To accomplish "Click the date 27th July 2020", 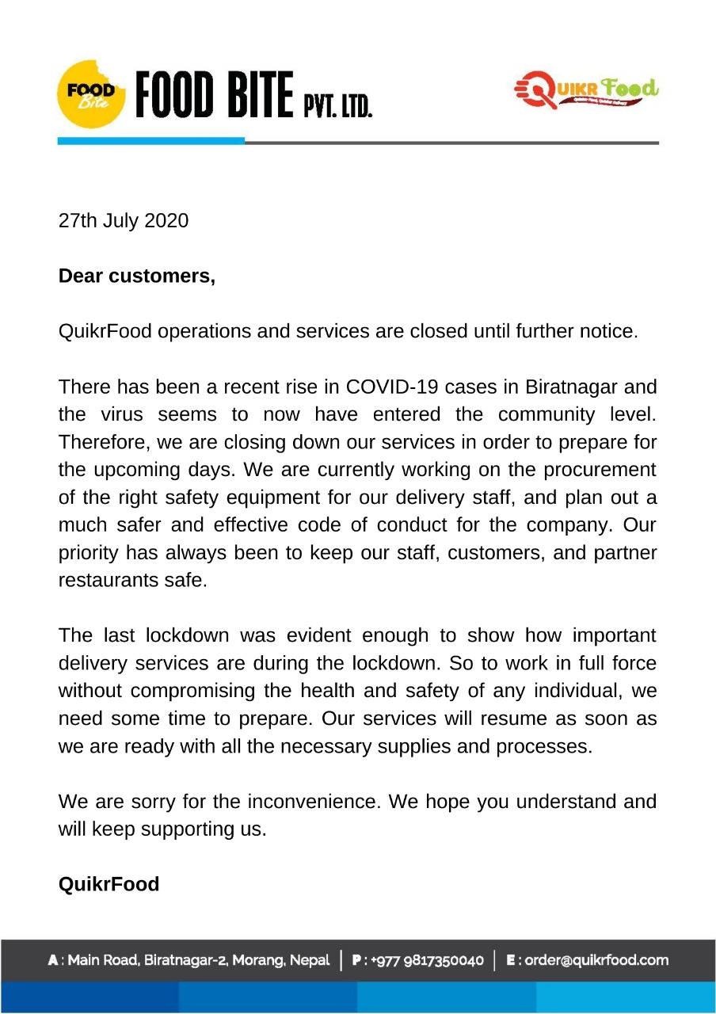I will (124, 220).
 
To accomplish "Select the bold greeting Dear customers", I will (137, 276).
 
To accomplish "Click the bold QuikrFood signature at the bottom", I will (109, 884).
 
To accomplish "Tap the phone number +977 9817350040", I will (425, 960).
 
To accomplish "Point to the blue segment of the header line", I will (150, 141).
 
